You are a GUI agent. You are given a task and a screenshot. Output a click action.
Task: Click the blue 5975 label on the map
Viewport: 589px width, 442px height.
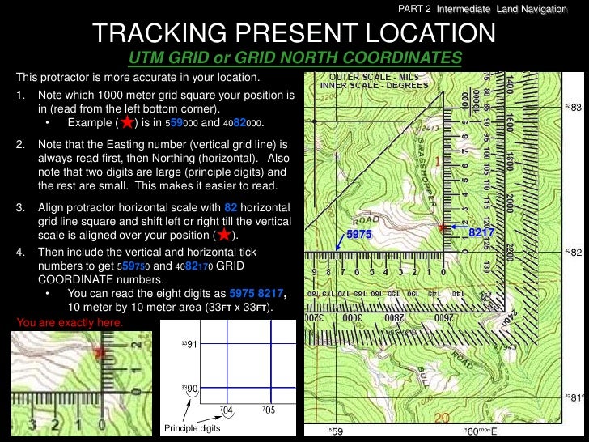358,233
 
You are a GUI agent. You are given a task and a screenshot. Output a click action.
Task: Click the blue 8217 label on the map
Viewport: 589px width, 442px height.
481,233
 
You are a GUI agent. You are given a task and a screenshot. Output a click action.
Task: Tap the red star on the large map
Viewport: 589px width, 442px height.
443,227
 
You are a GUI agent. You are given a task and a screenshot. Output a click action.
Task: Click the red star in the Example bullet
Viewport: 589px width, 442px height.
126,122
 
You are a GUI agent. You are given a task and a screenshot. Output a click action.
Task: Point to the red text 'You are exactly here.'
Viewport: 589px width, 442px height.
70,322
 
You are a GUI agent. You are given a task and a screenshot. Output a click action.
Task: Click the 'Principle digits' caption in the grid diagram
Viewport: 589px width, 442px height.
193,427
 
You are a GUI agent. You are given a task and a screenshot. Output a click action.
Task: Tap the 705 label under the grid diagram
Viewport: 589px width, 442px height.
268,410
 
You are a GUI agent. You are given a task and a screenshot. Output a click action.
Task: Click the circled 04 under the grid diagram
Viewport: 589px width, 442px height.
227,410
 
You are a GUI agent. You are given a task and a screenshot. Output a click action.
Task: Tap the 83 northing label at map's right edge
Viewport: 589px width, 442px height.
575,108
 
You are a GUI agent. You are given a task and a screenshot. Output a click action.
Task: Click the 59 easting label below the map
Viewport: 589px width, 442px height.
337,432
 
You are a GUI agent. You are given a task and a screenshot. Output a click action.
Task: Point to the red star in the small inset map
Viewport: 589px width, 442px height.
100,352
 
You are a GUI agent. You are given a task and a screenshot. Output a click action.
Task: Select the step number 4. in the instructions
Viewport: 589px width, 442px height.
20,252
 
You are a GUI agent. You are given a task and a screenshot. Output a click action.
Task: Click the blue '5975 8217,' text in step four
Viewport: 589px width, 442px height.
258,294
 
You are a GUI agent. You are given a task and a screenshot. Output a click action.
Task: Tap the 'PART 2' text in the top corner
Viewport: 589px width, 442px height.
416,9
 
